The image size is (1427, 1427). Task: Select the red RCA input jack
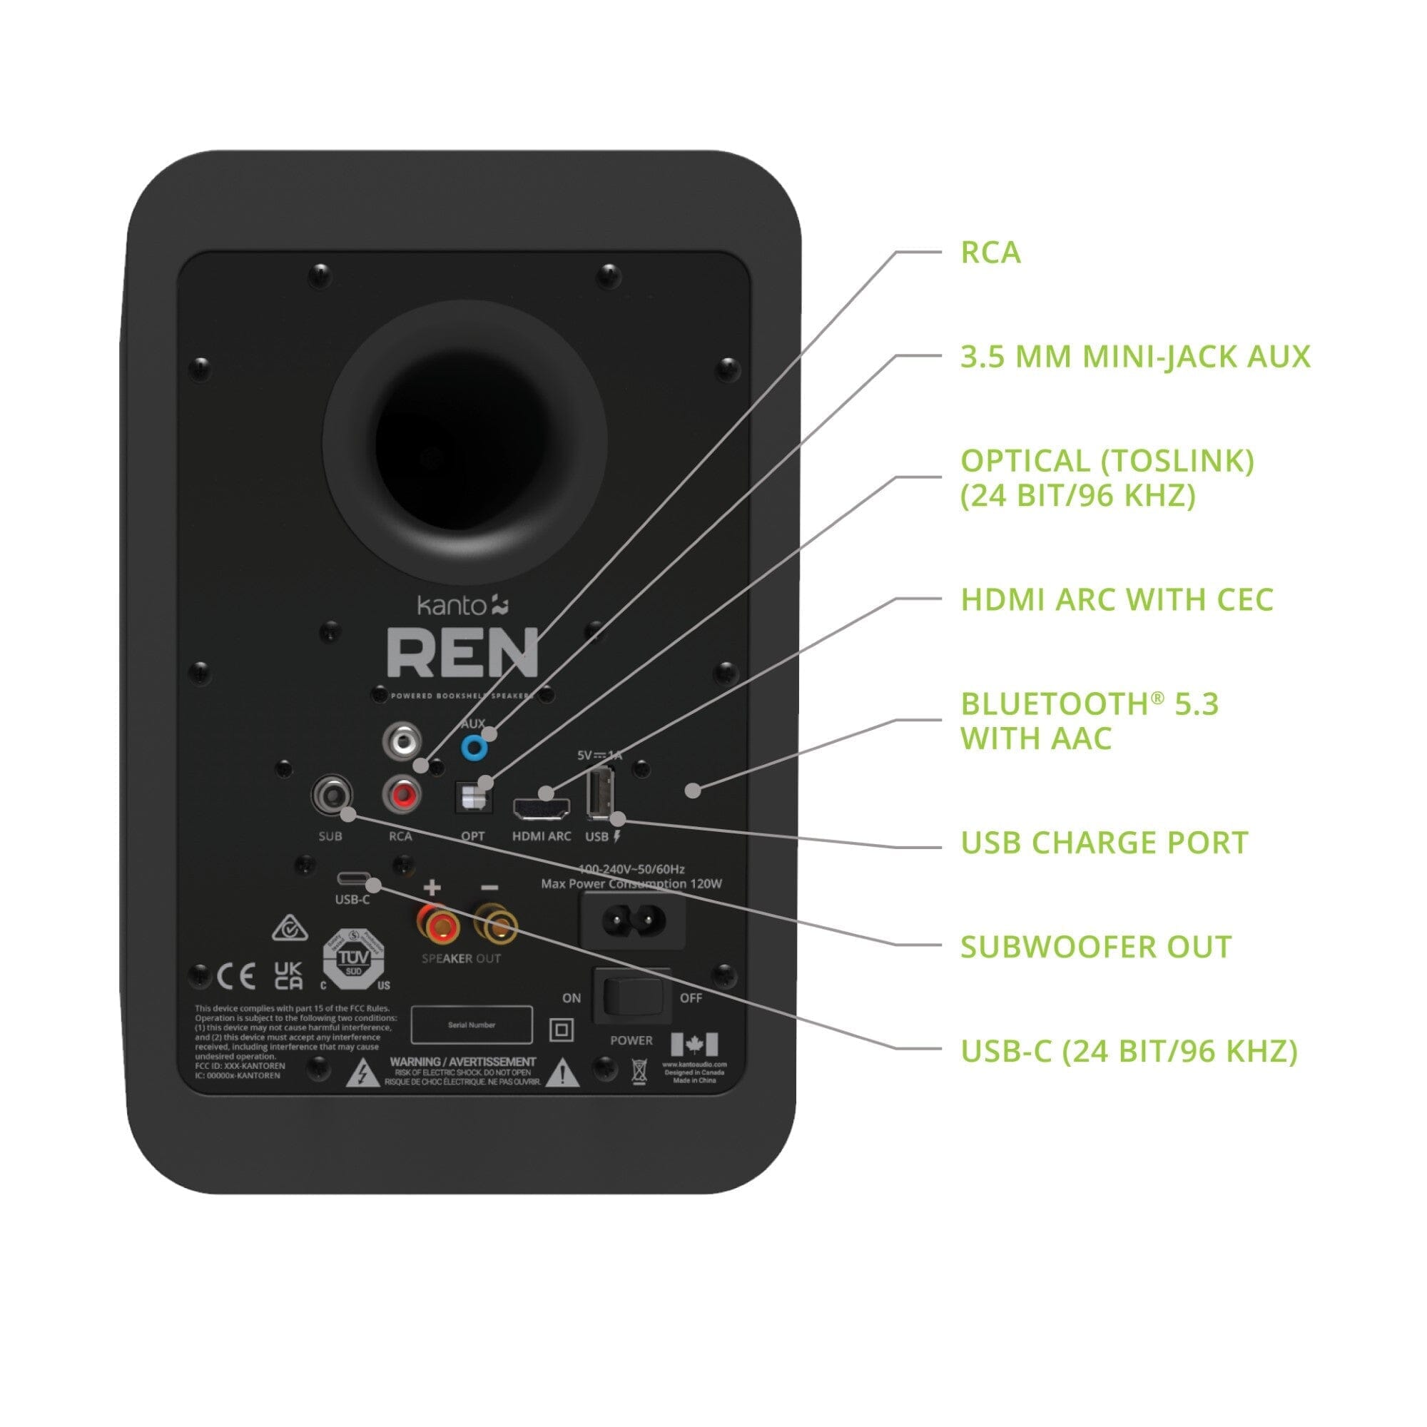pyautogui.click(x=401, y=795)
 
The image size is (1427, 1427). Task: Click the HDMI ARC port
pyautogui.click(x=542, y=809)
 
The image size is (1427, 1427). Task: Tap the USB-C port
pyautogui.click(x=352, y=879)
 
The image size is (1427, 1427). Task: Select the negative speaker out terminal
pyautogui.click(x=495, y=924)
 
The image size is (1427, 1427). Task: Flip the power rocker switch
pyautogui.click(x=632, y=996)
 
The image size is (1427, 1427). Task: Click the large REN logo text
pyautogui.click(x=462, y=654)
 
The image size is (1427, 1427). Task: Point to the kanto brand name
pyautogui.click(x=452, y=606)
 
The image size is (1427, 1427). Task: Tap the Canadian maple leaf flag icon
pyautogui.click(x=694, y=1045)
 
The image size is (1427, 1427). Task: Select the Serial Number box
pyautogui.click(x=471, y=1025)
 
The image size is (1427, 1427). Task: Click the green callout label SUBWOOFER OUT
pyautogui.click(x=1095, y=947)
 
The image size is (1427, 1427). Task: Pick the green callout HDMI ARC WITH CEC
pyautogui.click(x=1117, y=600)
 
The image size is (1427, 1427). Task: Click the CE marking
pyautogui.click(x=237, y=977)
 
